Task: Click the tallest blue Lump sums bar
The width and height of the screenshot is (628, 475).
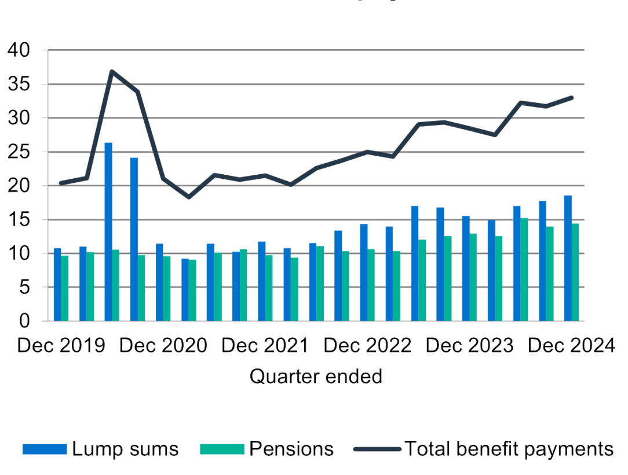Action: [x=108, y=231]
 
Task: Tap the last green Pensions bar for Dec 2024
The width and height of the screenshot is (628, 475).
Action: [x=575, y=272]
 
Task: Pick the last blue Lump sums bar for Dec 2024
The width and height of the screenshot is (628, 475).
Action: [x=568, y=258]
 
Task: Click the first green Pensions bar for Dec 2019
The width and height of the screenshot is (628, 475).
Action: [x=65, y=288]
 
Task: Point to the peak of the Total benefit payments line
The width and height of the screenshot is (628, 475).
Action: [x=111, y=71]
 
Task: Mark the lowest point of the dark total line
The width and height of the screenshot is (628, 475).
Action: [x=188, y=197]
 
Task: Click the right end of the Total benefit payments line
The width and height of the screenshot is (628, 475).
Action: [x=572, y=98]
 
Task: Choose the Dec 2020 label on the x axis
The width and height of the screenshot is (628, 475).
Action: [x=163, y=346]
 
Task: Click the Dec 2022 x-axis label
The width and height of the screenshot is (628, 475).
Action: [x=367, y=346]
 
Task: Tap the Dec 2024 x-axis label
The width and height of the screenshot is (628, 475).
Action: [x=571, y=346]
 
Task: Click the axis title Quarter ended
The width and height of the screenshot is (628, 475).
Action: [x=316, y=377]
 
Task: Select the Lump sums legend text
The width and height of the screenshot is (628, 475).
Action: [x=125, y=449]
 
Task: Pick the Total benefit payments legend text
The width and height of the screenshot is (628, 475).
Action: [x=509, y=449]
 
